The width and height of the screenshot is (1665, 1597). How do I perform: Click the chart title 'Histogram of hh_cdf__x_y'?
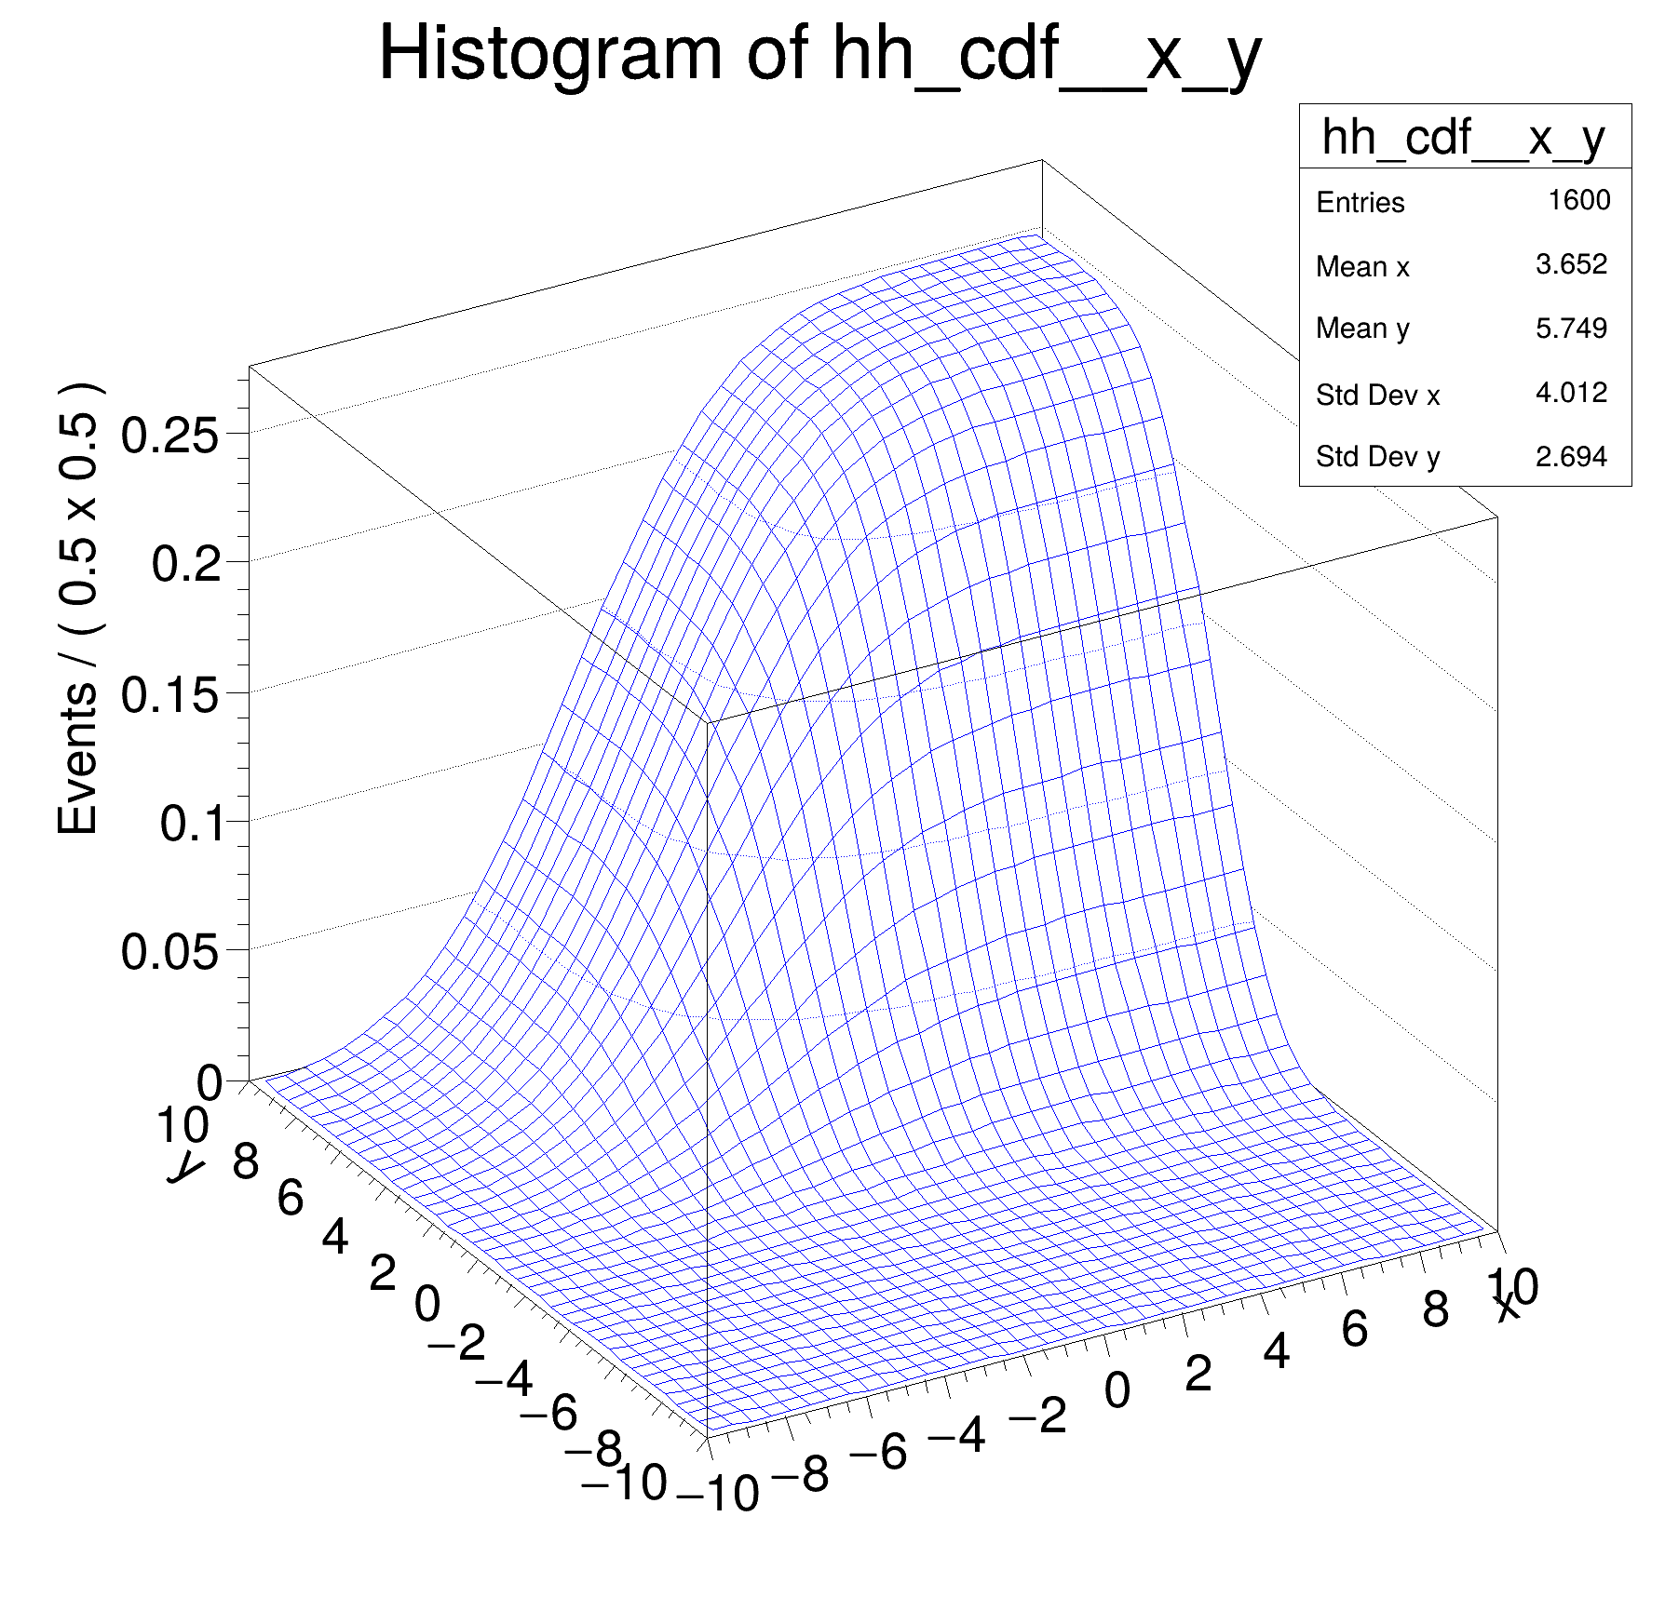click(x=819, y=56)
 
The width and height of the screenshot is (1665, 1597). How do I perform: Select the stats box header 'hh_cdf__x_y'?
click(x=1464, y=138)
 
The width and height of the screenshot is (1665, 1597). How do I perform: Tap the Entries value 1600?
click(x=1578, y=200)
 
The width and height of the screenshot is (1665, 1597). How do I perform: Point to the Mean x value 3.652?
click(x=1571, y=264)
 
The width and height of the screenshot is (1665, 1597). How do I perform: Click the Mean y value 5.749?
click(x=1571, y=328)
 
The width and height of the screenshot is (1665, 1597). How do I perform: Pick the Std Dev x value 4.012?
click(x=1571, y=392)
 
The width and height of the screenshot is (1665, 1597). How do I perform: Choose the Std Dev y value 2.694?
click(x=1571, y=456)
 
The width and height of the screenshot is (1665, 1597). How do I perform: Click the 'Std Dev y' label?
click(x=1377, y=457)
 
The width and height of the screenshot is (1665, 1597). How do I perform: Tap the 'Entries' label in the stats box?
click(x=1360, y=203)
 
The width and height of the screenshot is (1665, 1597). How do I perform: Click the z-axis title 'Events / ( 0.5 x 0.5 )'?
click(x=79, y=610)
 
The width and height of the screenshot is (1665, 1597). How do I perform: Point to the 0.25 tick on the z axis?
click(x=170, y=435)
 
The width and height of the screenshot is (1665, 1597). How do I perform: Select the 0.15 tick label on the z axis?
click(x=170, y=694)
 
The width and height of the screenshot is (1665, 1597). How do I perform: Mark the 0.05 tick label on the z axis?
click(x=170, y=952)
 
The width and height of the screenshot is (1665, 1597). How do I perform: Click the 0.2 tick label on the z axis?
click(x=186, y=564)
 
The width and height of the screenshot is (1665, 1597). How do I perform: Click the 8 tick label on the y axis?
click(x=246, y=1161)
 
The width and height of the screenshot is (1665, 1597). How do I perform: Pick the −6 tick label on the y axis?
click(x=548, y=1413)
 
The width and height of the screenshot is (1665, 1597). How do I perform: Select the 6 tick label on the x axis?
click(x=1354, y=1328)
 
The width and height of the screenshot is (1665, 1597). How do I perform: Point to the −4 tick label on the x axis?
click(x=956, y=1435)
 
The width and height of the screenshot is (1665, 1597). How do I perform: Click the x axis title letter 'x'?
click(x=1507, y=1308)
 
